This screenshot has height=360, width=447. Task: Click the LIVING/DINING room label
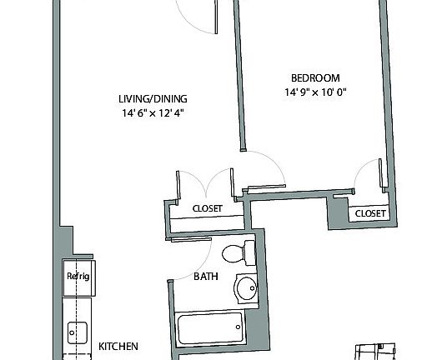click(x=152, y=99)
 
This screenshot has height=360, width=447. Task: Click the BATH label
click(x=207, y=276)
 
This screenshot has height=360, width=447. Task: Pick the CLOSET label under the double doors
click(x=207, y=209)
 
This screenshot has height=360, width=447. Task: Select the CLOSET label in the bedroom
click(x=371, y=214)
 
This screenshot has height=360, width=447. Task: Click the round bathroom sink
click(x=248, y=289)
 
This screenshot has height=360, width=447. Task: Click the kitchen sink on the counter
click(x=78, y=333)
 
